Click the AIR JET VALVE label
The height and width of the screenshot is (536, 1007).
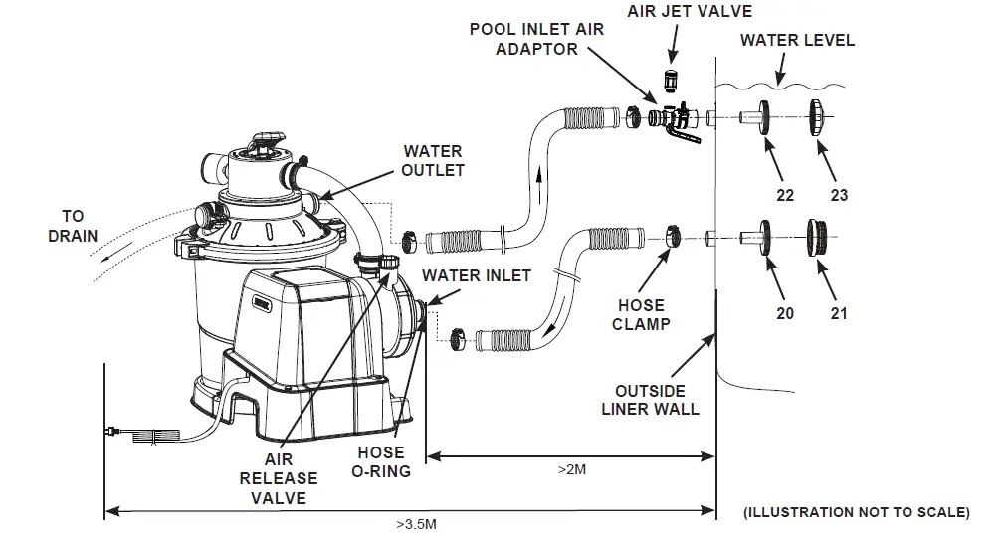pos(690,11)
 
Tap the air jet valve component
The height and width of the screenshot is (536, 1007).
pos(671,82)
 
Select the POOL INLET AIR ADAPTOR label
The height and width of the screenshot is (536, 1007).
pos(536,39)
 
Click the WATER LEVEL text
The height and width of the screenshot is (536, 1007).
pos(797,40)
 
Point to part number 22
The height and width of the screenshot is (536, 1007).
pos(785,195)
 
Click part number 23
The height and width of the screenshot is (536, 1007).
pos(839,195)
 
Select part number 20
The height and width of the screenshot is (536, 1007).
pos(785,314)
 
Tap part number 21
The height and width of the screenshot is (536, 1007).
pos(839,314)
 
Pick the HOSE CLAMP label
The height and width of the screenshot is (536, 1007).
pos(641,314)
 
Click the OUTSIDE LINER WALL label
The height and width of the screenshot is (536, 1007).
pos(650,400)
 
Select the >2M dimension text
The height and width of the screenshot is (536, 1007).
pos(571,470)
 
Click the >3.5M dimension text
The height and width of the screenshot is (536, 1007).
pos(416,524)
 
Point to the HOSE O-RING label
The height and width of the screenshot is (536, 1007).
pos(381,462)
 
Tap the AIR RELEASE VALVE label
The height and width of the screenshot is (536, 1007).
pos(279,479)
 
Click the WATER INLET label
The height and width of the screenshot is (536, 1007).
pos(477,276)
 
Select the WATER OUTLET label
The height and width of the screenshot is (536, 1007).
pos(433,161)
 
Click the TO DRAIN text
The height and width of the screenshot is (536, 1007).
pos(74,226)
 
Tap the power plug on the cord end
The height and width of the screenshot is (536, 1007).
pos(111,433)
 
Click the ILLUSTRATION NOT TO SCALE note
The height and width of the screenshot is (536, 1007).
pos(857,512)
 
